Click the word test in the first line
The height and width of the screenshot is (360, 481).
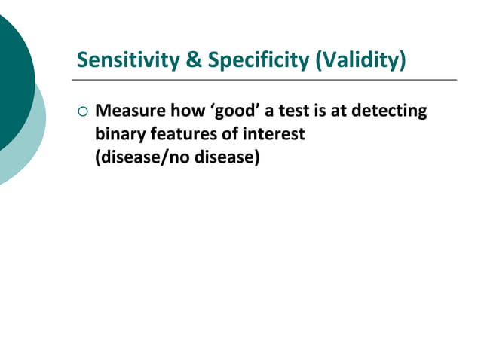click(x=292, y=111)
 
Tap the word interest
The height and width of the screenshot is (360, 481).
click(x=274, y=135)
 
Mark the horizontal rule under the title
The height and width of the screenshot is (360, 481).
click(x=264, y=79)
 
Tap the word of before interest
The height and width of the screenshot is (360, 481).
click(x=231, y=135)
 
